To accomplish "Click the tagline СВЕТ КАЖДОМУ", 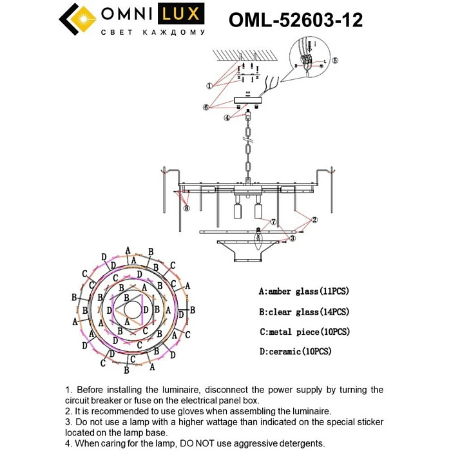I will [153, 32].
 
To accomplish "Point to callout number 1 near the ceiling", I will [209, 86].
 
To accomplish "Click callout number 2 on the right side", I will [314, 220].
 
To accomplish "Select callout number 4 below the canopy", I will [227, 118].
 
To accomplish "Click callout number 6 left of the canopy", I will [206, 107].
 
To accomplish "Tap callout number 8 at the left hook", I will [186, 208].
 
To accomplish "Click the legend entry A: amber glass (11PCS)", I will [303, 291].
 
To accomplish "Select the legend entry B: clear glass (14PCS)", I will [303, 312].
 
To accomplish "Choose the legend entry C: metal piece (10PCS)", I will [304, 332].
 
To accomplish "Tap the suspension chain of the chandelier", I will [247, 151].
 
